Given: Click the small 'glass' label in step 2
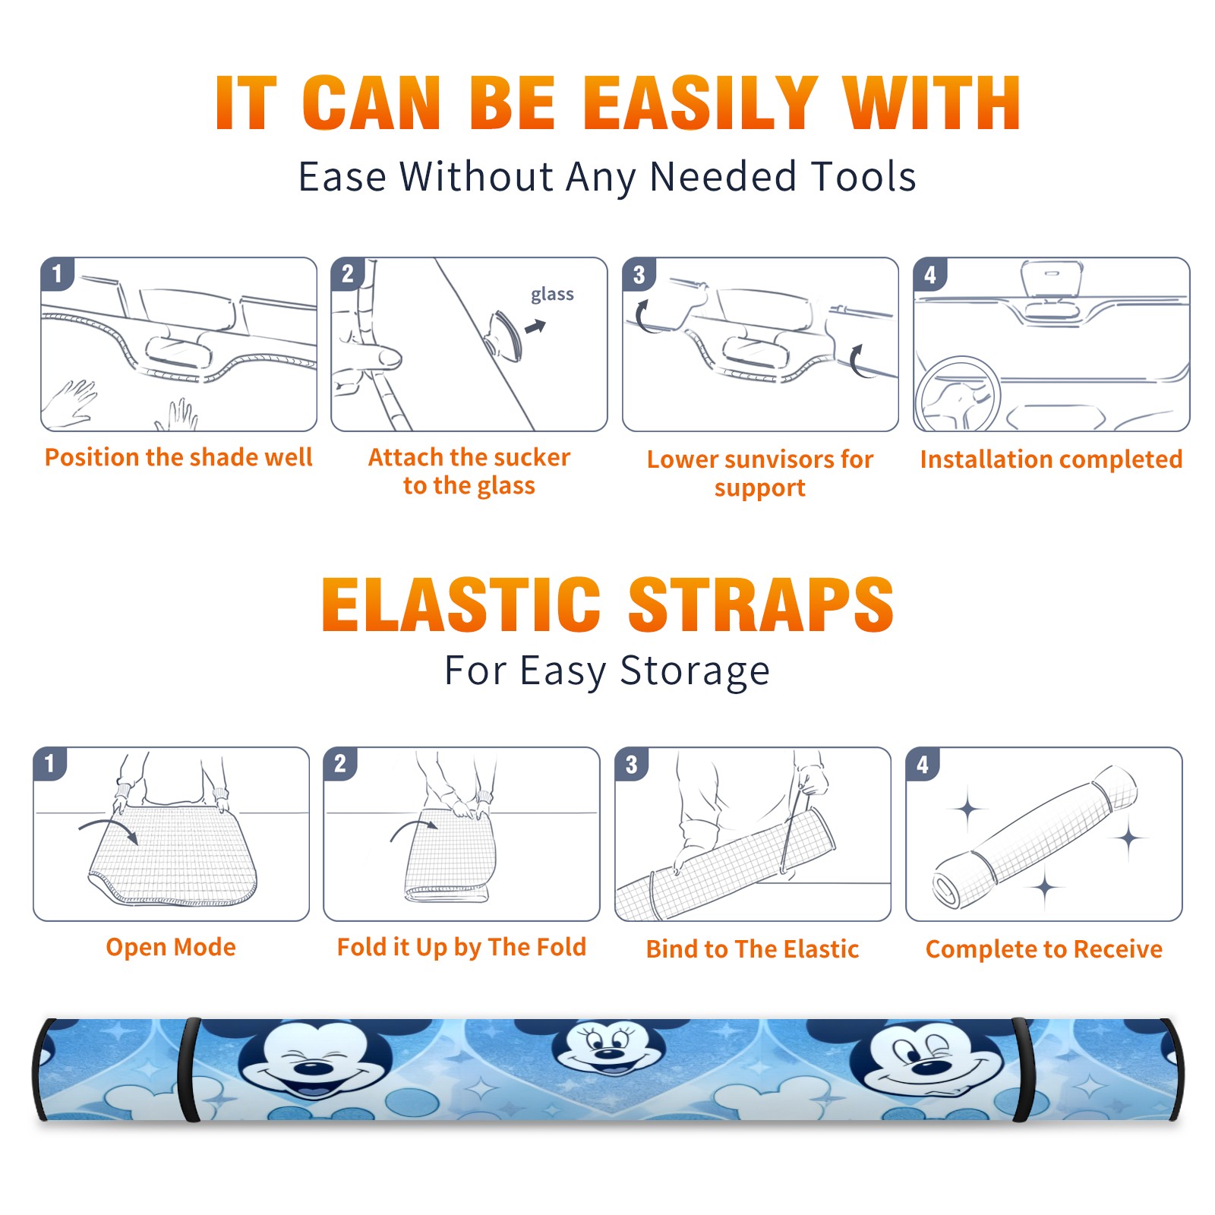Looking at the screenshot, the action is (x=552, y=295).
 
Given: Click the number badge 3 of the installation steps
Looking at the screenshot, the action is (x=639, y=274).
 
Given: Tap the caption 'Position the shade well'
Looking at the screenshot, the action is (x=178, y=457).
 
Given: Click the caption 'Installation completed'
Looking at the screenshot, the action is (x=1051, y=459).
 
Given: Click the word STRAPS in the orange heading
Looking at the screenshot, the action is (x=762, y=604).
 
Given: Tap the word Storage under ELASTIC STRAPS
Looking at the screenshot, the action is (x=695, y=671).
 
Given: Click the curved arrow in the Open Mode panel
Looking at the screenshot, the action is (x=109, y=828).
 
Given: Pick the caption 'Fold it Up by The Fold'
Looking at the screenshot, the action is (x=462, y=947).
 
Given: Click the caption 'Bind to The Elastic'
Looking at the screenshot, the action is (x=753, y=949).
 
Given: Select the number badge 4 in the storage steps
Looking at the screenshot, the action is (x=923, y=764).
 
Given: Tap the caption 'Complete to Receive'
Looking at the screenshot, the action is (x=1044, y=949).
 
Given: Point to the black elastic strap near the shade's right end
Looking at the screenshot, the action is (x=1023, y=1070).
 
